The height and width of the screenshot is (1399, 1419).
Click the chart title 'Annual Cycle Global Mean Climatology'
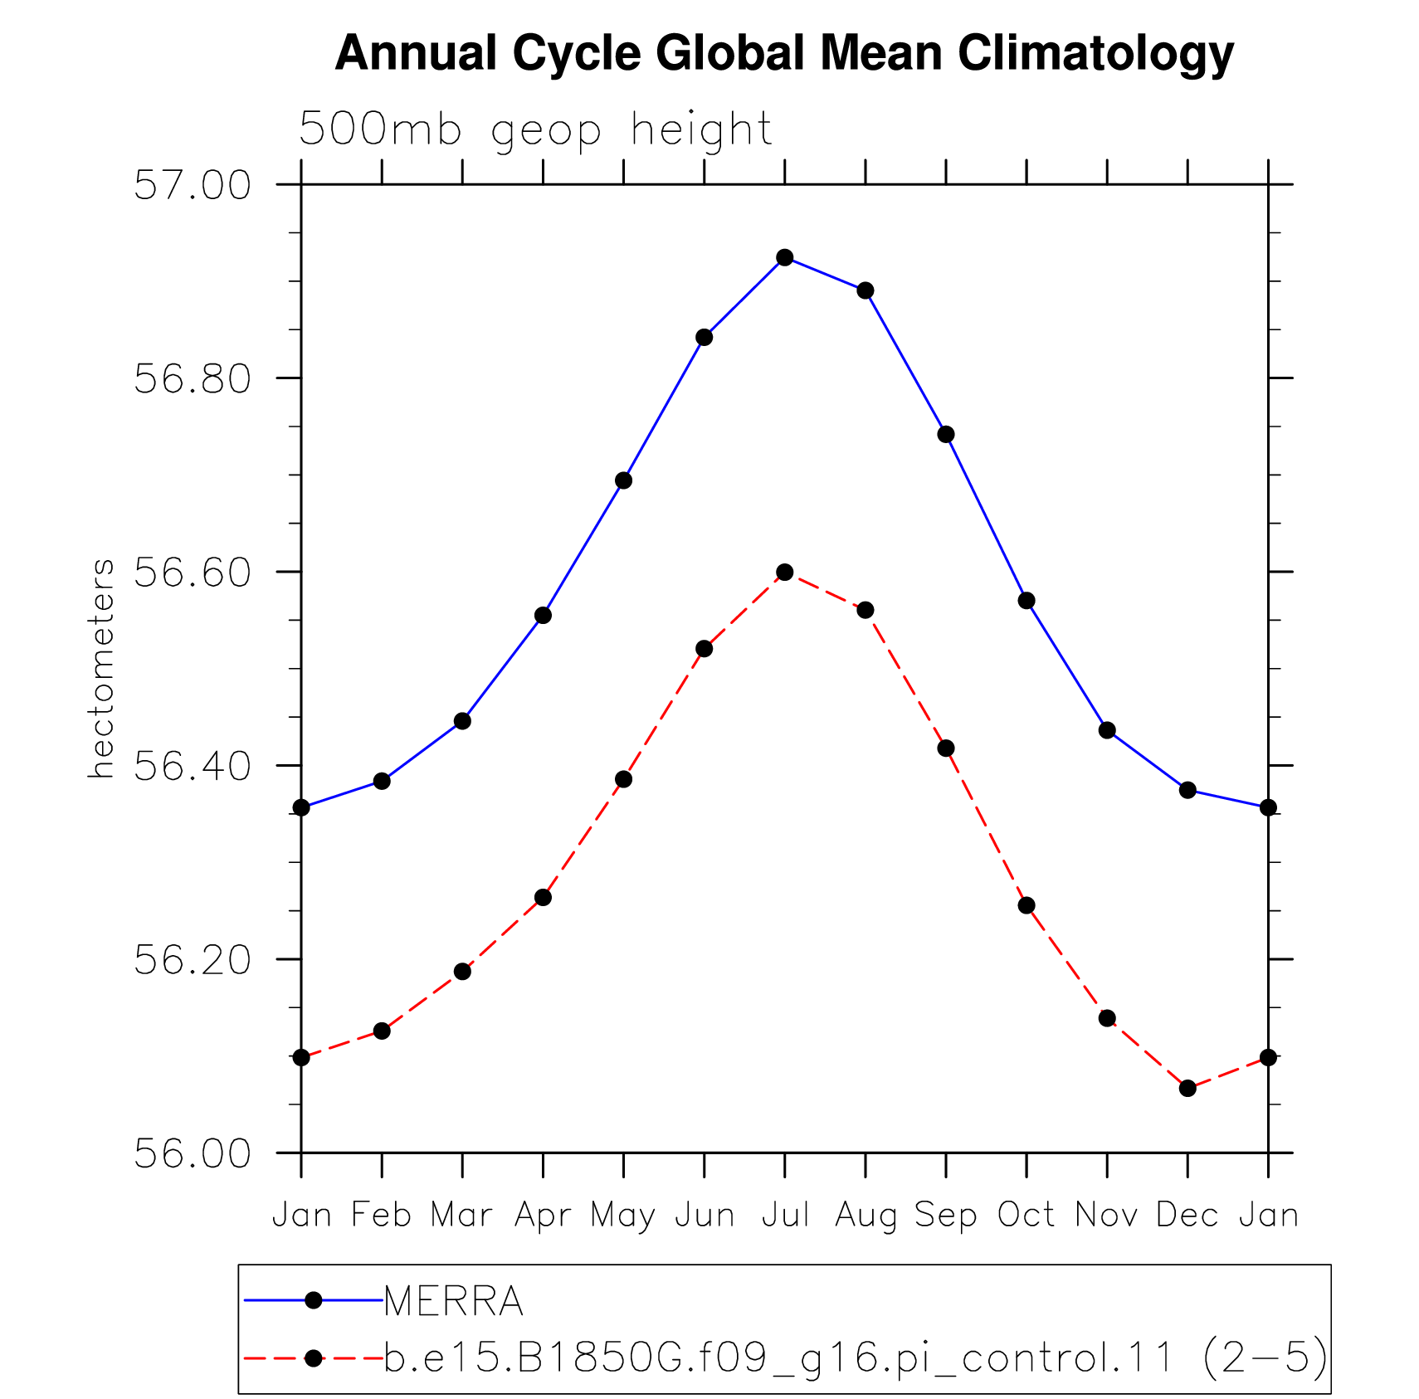[x=784, y=54]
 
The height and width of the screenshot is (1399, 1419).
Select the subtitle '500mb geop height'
[x=535, y=130]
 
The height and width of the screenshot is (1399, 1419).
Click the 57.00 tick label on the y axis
[x=193, y=184]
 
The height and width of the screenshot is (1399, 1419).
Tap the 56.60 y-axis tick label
[x=193, y=572]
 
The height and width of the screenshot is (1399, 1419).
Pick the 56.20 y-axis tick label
[x=193, y=959]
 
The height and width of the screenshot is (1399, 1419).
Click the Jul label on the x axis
[x=785, y=1215]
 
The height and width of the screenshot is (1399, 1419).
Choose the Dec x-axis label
[x=1187, y=1215]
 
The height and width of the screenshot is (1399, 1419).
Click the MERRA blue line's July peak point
[x=785, y=257]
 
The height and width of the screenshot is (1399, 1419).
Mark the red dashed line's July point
[x=785, y=573]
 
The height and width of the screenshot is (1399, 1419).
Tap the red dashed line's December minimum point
[x=1187, y=1088]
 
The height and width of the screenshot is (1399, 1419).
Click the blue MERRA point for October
[x=1026, y=600]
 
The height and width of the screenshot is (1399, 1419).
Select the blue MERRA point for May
[x=624, y=480]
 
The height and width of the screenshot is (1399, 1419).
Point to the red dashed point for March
[x=462, y=971]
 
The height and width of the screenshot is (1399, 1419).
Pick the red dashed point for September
[x=946, y=748]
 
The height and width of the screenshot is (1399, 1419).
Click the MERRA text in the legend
[x=454, y=1300]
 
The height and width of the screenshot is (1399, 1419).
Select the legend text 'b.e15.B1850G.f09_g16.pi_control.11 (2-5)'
[x=856, y=1358]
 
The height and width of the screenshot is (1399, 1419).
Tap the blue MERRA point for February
[x=382, y=781]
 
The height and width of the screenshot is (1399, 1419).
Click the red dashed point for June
[x=705, y=648]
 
